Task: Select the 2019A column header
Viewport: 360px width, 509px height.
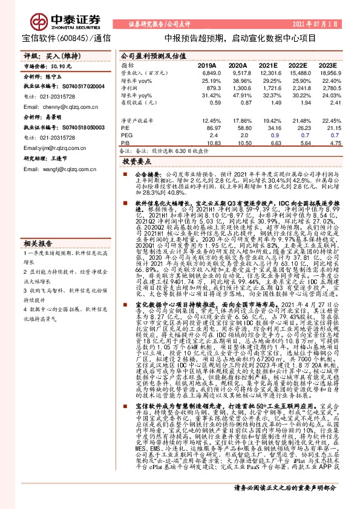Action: click(x=207, y=65)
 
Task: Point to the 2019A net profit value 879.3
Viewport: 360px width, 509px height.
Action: click(x=208, y=88)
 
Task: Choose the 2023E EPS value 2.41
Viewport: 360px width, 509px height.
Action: click(x=328, y=103)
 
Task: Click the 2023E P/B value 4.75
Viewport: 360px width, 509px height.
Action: click(x=328, y=143)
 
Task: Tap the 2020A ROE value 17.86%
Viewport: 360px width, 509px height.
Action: click(x=237, y=122)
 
